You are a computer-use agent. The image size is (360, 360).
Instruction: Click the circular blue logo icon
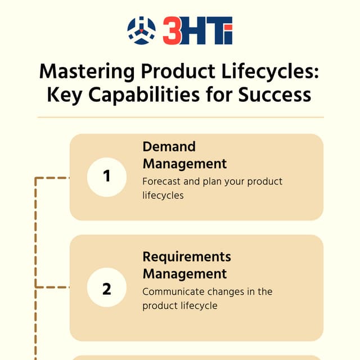click(141, 30)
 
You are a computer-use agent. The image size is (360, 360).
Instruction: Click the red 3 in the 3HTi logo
click(172, 31)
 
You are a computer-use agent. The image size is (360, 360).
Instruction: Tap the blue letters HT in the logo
click(202, 31)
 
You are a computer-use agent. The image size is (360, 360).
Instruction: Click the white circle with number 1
click(107, 177)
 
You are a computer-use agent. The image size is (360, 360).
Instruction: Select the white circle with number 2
click(107, 288)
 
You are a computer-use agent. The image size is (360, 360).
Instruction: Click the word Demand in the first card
click(169, 147)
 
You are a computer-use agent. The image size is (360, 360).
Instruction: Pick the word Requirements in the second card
click(187, 257)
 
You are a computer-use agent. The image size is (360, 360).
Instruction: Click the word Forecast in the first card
click(163, 182)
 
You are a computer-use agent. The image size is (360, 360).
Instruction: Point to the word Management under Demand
click(184, 164)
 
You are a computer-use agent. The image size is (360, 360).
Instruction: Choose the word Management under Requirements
click(184, 274)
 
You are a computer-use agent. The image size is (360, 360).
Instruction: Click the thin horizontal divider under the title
click(180, 118)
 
